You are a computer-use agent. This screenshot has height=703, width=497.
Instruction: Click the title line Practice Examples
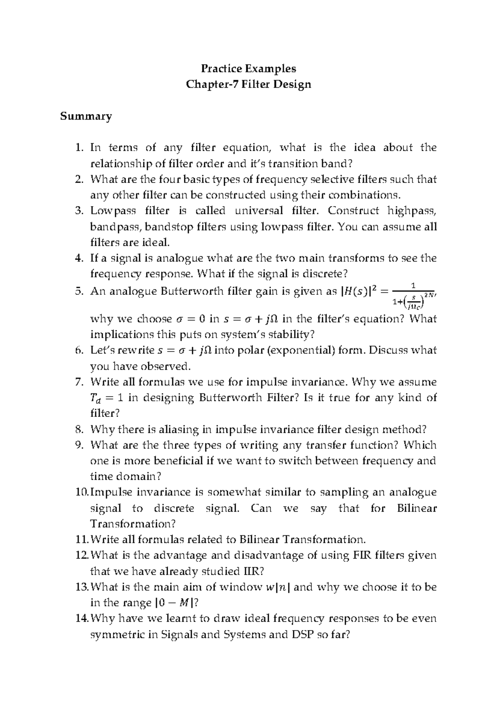248,68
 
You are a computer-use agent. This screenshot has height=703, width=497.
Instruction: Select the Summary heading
86,116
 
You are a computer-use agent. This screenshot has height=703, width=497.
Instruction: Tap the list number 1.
80,148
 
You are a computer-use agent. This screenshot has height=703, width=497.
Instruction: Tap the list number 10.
82,492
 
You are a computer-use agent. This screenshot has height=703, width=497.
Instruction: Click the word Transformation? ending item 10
133,524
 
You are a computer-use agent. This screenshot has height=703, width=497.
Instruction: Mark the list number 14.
82,619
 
